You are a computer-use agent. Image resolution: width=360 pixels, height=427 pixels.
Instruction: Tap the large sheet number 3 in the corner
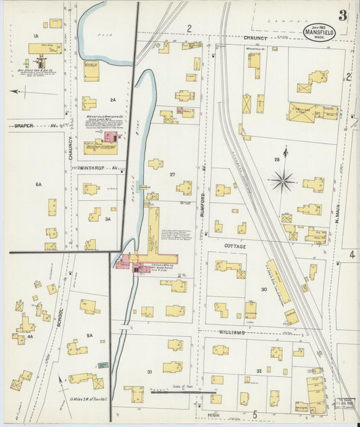[x=343, y=16]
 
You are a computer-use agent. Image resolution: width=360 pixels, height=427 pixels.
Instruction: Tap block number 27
[x=172, y=175]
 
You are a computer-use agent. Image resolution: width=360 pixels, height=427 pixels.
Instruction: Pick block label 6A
[x=38, y=184]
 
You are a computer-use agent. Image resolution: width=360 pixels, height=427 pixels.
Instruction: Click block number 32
[x=258, y=372]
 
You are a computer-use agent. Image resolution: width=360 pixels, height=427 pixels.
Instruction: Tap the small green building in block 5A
[x=103, y=366]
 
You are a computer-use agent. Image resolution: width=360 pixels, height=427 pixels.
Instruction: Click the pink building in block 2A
[x=109, y=137]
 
